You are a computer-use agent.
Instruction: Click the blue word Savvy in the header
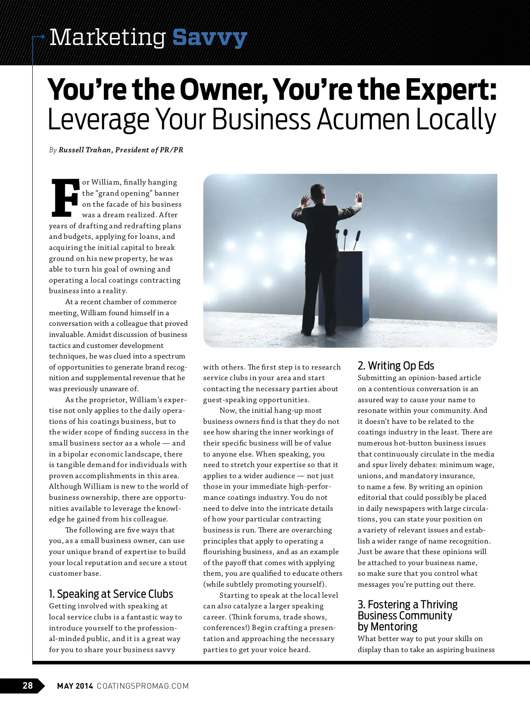pyautogui.click(x=209, y=38)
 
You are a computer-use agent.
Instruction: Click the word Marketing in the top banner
pyautogui.click(x=107, y=38)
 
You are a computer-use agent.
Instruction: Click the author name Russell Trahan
pyautogui.click(x=85, y=150)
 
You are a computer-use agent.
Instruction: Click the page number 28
pyautogui.click(x=27, y=686)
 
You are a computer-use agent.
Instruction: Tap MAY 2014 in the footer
pyautogui.click(x=75, y=686)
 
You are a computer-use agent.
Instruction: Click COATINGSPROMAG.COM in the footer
pyautogui.click(x=143, y=686)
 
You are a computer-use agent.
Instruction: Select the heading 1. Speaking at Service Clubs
pyautogui.click(x=111, y=594)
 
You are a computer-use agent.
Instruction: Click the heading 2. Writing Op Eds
pyautogui.click(x=396, y=366)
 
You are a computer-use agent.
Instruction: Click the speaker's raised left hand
pyautogui.click(x=304, y=201)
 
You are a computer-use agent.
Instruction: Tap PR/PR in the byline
pyautogui.click(x=172, y=150)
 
